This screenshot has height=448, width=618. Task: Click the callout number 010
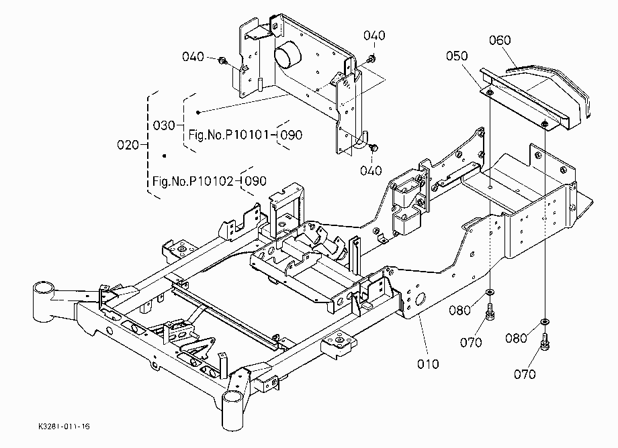tap(428, 363)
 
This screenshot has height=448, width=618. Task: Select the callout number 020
tap(128, 145)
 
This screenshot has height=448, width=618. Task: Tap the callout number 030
tap(163, 125)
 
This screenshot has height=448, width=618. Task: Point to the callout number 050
tap(457, 56)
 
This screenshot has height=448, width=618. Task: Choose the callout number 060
tap(500, 40)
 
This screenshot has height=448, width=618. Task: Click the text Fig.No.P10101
tap(228, 135)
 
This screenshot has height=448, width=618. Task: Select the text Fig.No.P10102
tap(193, 181)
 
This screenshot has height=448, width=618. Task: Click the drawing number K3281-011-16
tap(64, 427)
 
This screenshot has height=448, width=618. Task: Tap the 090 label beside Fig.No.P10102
tap(255, 181)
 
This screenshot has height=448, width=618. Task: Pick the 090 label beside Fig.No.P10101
tap(292, 135)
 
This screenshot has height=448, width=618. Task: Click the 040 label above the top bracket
tap(374, 36)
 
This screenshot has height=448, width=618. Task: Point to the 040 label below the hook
tap(371, 171)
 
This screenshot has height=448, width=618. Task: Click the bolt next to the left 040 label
tap(222, 60)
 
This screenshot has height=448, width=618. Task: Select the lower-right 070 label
tap(525, 374)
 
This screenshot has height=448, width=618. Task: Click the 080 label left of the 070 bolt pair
tap(459, 311)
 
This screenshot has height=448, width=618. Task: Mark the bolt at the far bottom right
tap(545, 341)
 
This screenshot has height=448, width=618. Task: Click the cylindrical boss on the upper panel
tap(287, 58)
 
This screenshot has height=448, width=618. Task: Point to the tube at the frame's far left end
tap(42, 301)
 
